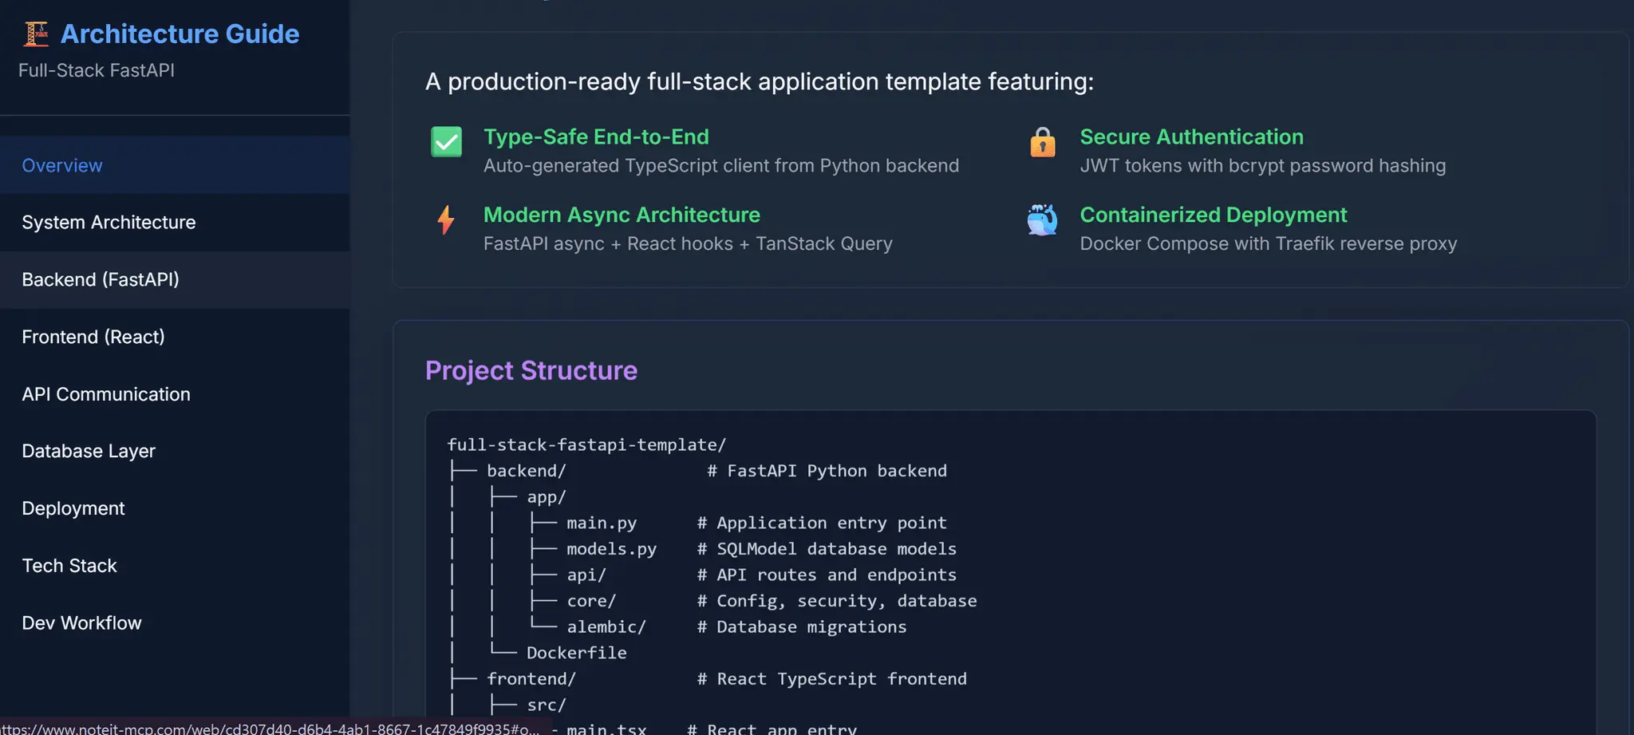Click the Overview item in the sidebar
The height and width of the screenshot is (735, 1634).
[x=62, y=165]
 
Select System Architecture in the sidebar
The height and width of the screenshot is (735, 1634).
[x=109, y=222]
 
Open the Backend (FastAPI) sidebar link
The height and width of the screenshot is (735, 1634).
[x=101, y=279]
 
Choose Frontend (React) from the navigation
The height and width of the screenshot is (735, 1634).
[x=93, y=337]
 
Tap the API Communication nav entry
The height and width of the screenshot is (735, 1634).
[x=106, y=394]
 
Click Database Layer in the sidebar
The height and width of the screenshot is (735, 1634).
[x=89, y=451]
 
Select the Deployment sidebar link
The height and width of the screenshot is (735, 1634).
[x=73, y=508]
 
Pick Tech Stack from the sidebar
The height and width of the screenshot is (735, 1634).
[x=69, y=566]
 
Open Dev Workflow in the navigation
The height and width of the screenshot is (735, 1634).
[x=81, y=622]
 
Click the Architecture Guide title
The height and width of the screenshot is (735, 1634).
[x=180, y=34]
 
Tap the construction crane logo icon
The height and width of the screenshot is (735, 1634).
[x=36, y=34]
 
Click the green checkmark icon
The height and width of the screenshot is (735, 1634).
[x=447, y=142]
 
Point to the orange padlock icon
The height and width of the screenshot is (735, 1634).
[x=1043, y=142]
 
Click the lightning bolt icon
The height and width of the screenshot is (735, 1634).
[x=446, y=219]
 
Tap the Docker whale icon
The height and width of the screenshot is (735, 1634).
[x=1042, y=219]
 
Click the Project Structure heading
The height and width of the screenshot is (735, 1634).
[x=531, y=370]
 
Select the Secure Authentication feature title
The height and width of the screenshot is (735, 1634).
[x=1192, y=136]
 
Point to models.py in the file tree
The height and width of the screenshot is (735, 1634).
[x=611, y=549]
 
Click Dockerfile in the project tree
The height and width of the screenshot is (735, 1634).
[x=577, y=653]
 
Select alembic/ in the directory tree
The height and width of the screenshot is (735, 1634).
[x=606, y=627]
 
